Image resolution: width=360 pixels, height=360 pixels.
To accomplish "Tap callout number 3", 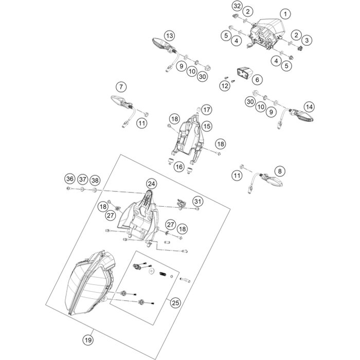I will (307, 40).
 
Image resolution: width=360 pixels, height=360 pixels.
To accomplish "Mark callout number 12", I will (225, 86).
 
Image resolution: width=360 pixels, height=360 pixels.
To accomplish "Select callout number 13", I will (169, 36).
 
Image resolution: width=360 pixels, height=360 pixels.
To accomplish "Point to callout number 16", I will (179, 167).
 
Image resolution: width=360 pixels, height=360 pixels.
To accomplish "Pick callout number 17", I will (206, 110).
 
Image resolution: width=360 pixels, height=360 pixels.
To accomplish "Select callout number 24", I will (151, 184).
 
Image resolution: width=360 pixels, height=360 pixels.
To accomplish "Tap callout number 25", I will (176, 303).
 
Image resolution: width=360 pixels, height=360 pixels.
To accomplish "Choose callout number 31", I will (198, 201).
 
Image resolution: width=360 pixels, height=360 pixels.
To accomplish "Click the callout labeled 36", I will (69, 179).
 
